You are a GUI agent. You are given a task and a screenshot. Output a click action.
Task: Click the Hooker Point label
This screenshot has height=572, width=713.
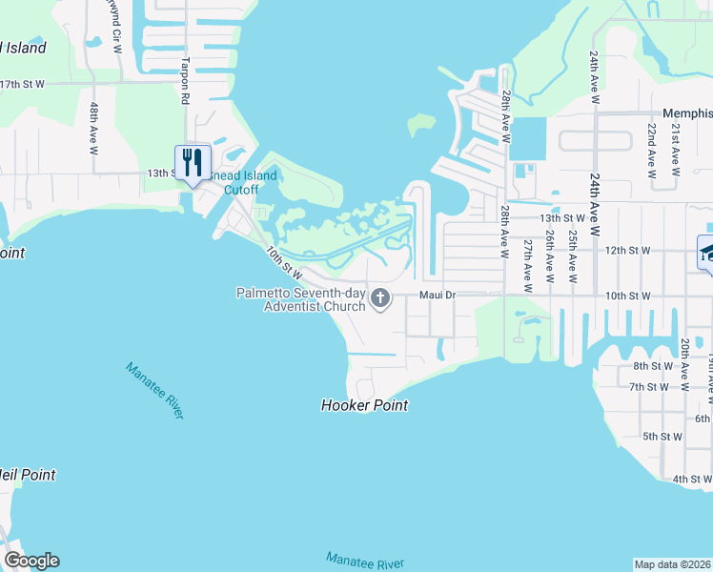pyautogui.click(x=364, y=405)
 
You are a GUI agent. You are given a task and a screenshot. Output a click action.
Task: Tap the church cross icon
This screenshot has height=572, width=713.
pyautogui.click(x=380, y=299)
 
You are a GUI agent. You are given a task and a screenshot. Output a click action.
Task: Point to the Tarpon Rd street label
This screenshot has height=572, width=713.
pyautogui.click(x=186, y=76)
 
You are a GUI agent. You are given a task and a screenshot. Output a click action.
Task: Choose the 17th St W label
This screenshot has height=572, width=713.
pyautogui.click(x=23, y=84)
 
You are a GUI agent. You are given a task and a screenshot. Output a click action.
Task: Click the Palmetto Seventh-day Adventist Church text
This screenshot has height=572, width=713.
pyautogui.click(x=301, y=299)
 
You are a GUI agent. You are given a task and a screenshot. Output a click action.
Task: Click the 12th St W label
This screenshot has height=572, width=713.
pyautogui.click(x=627, y=250)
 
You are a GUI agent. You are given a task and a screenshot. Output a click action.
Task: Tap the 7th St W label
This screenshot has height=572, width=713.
pyautogui.click(x=649, y=387)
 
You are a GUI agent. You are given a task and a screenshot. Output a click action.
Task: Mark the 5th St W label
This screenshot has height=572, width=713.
pyautogui.click(x=662, y=437)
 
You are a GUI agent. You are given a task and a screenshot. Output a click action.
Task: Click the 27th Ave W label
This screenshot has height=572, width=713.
pyautogui.click(x=526, y=264)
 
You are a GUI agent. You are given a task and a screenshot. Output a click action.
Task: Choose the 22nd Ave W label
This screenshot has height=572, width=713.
pyautogui.click(x=651, y=150)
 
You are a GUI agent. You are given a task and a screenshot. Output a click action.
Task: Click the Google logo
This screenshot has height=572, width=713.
pyautogui.click(x=32, y=561)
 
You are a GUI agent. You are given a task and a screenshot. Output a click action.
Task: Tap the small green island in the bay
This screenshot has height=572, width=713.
pyautogui.click(x=420, y=125)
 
